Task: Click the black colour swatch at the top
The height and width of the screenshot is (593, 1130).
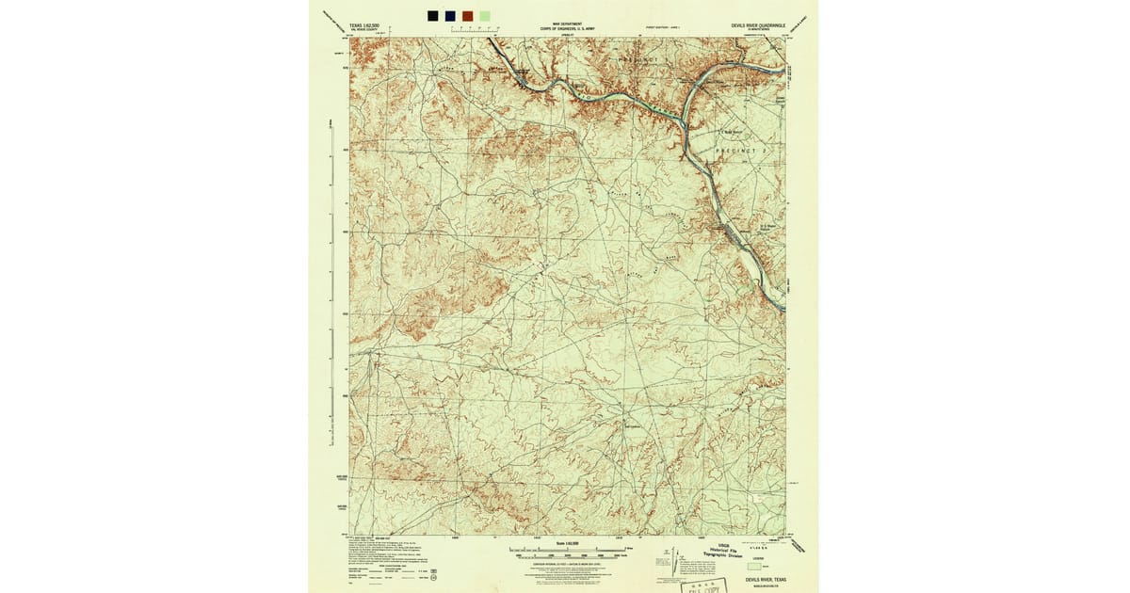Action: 432,15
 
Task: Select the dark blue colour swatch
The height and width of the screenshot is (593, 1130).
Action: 449,15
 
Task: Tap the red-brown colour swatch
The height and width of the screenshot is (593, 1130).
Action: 467,15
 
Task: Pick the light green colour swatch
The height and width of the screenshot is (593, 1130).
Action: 484,15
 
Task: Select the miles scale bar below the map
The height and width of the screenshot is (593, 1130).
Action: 565,550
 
